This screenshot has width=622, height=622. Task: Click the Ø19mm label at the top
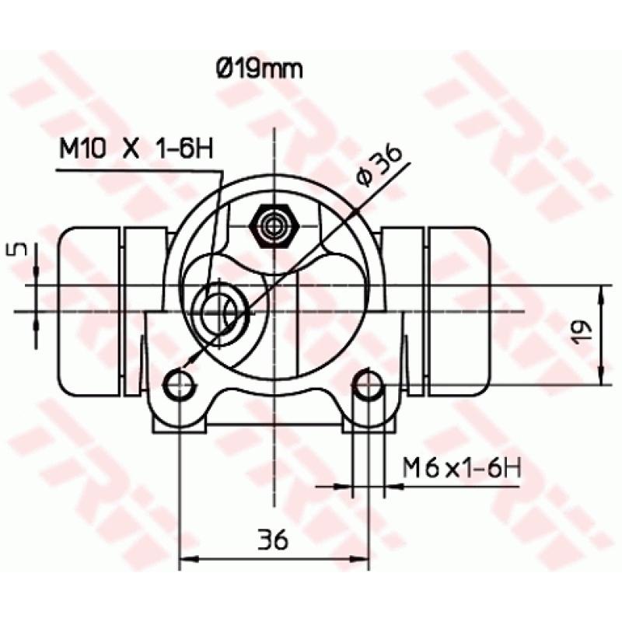click(x=259, y=69)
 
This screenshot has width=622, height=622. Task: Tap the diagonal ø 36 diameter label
click(x=380, y=165)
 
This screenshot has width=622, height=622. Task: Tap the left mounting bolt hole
click(x=180, y=383)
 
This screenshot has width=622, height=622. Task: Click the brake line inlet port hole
click(x=220, y=313)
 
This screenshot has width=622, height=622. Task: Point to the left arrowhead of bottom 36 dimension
click(x=187, y=558)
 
